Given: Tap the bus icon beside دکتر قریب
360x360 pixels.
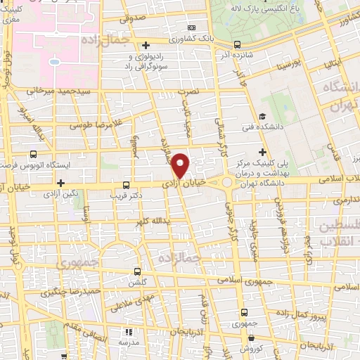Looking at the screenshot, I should pos(126,179).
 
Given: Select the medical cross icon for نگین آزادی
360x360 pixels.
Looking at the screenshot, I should pos(61,182).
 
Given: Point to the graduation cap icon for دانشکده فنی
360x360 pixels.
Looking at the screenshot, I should pos(262,116).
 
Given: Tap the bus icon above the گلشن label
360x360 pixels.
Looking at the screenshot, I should pos(137,271).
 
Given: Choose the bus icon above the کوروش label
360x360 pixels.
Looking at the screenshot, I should pos(245,337).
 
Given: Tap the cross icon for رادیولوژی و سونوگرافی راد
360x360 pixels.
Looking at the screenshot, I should pos(146,45).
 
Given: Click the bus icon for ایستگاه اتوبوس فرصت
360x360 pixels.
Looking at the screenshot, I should pos(33,154).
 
